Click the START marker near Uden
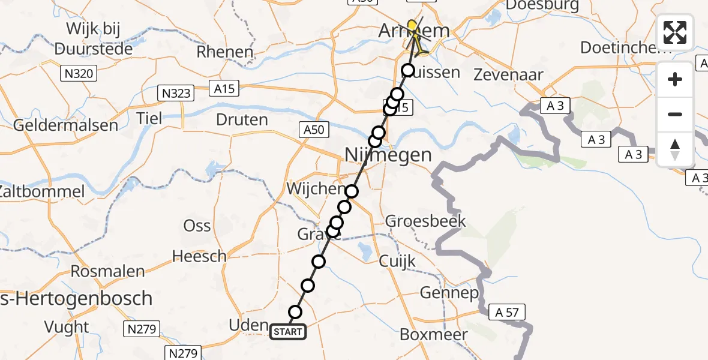point(288,331)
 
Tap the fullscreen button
point(675,32)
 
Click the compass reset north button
point(675,149)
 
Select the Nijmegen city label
point(388,155)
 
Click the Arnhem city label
point(414,31)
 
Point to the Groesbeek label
point(425,221)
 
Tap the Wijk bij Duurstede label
point(93,38)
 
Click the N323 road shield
point(176,93)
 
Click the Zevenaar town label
point(508,75)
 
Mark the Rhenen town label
point(225,52)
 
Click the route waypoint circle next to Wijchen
point(352,191)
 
